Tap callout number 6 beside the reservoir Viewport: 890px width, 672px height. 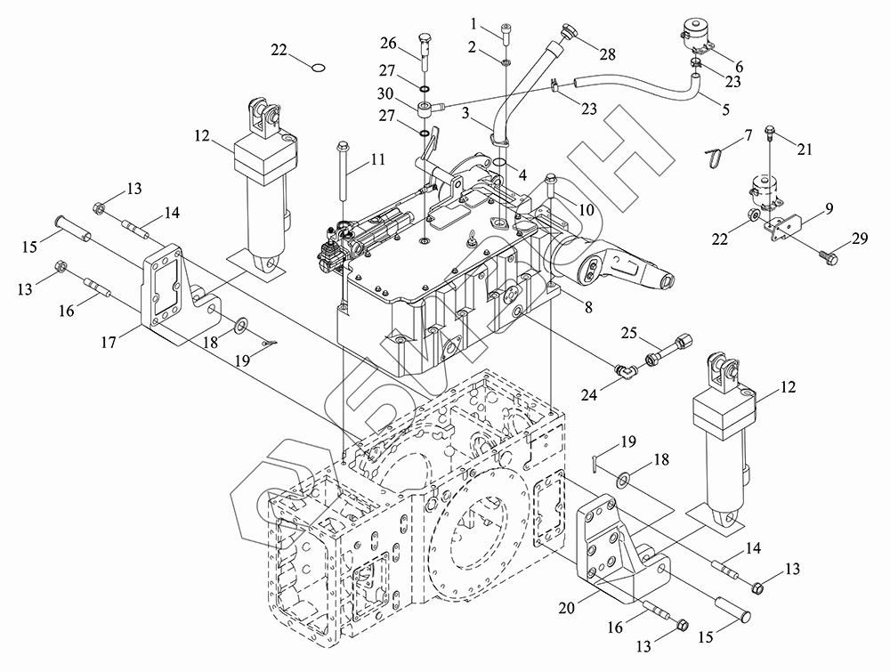(738, 67)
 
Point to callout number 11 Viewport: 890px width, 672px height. (377, 160)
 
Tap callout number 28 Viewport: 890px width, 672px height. (608, 54)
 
